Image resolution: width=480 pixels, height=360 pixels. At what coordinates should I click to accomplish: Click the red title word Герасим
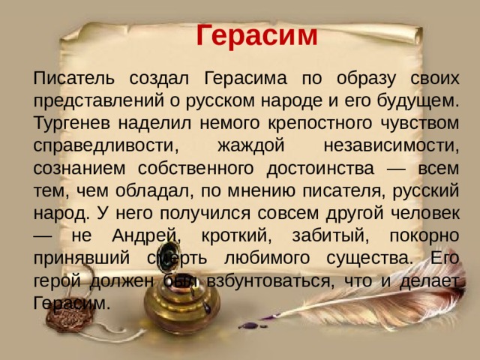click(256, 35)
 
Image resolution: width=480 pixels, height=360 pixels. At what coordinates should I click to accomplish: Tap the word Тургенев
click(71, 124)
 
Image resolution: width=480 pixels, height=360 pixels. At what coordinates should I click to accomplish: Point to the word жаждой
click(251, 145)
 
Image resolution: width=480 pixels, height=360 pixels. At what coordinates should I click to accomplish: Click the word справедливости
click(106, 146)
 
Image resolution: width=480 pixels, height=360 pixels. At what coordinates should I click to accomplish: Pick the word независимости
click(391, 145)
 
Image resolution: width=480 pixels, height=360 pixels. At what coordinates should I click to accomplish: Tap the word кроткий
click(236, 235)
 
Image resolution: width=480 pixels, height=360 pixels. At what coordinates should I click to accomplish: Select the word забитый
click(331, 235)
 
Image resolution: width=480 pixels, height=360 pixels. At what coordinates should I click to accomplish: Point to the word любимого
click(267, 259)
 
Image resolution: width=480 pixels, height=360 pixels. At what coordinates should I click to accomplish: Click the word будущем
click(418, 101)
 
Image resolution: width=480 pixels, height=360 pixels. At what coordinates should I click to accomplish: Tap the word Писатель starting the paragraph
click(74, 78)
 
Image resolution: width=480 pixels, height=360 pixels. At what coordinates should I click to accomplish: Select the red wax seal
click(70, 316)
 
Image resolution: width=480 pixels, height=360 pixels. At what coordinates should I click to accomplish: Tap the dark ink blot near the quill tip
click(250, 325)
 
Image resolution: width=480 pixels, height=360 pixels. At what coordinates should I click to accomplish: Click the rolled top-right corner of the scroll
click(418, 36)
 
